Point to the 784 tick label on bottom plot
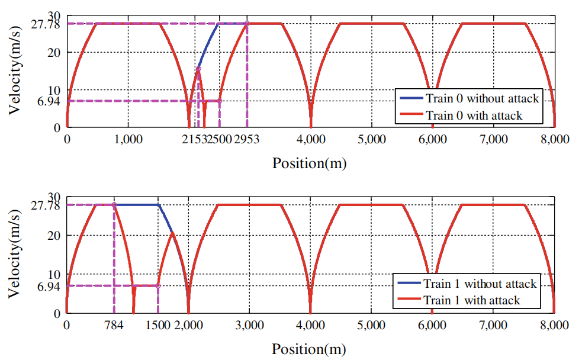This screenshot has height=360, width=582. click(x=114, y=325)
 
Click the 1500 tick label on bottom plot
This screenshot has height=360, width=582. click(x=157, y=325)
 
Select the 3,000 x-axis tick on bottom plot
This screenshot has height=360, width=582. click(x=249, y=325)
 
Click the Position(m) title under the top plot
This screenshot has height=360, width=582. click(x=310, y=163)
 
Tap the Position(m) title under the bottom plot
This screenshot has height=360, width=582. click(x=310, y=348)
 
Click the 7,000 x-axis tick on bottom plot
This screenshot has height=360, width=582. click(x=493, y=325)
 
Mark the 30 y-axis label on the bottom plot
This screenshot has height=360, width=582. click(x=54, y=198)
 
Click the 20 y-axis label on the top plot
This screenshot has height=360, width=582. click(x=54, y=52)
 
